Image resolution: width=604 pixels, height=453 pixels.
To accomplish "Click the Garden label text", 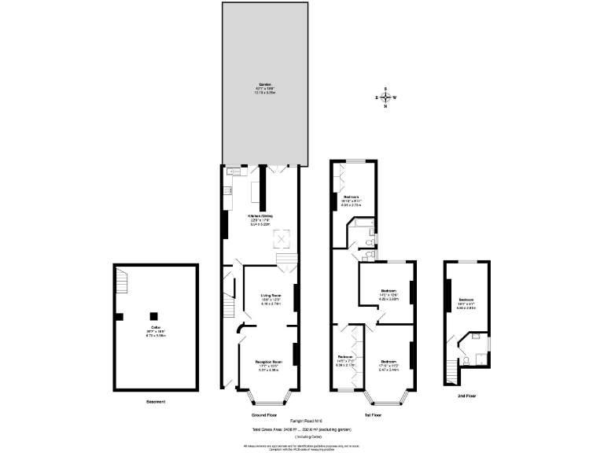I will pos(260,87).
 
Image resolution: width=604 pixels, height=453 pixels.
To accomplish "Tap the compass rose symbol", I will pos(385,98).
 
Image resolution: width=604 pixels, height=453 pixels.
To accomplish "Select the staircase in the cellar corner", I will pos(122,278).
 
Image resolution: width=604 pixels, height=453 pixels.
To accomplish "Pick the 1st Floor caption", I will pos(373,414).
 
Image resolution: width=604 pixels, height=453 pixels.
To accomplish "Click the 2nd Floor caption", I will pos(467,396).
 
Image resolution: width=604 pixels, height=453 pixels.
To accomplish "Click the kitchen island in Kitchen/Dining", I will pos(255,191).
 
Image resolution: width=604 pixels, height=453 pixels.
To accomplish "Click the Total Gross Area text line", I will pos(301,429).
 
